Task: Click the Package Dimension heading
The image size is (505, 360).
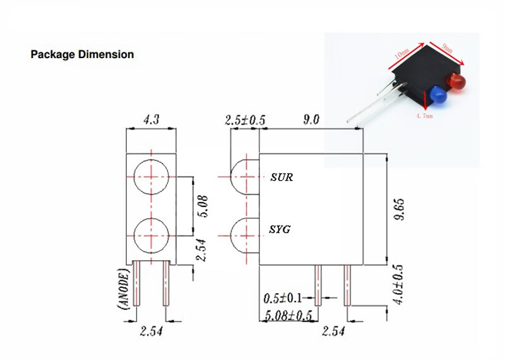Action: click(x=82, y=54)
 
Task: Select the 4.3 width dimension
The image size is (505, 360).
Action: click(x=151, y=118)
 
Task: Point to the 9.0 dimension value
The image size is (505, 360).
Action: click(x=311, y=119)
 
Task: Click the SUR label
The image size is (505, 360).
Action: click(x=281, y=177)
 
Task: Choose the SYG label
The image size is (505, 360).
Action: click(x=280, y=229)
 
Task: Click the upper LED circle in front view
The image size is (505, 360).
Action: click(x=151, y=177)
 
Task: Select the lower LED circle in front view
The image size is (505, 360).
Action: click(x=151, y=235)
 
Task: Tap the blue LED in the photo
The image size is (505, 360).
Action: click(x=439, y=96)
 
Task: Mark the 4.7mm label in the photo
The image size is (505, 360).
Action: click(x=424, y=116)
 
